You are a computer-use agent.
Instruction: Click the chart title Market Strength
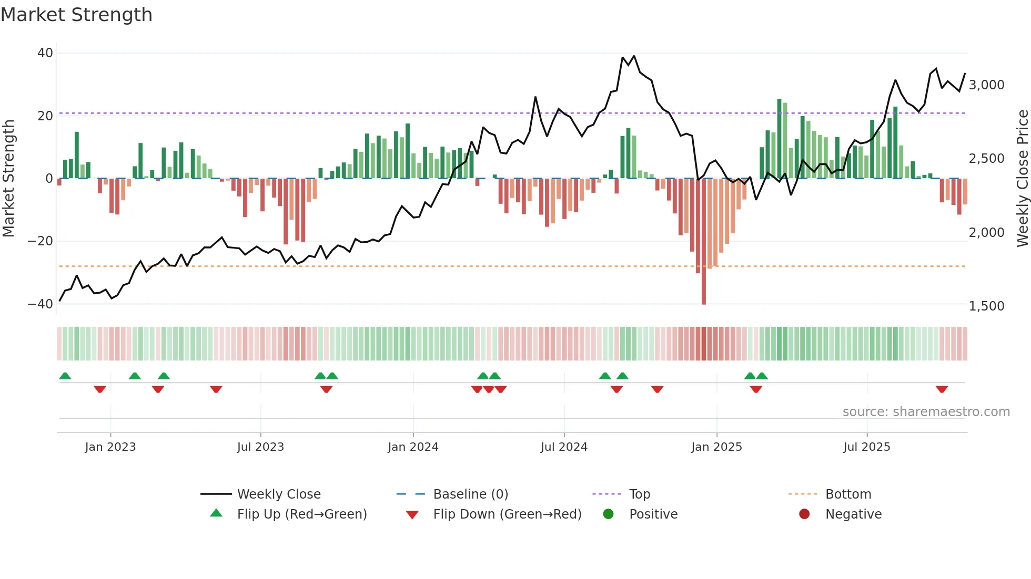tap(76, 15)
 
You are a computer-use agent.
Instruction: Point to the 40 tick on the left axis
tap(45, 53)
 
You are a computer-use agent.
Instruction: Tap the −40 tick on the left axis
tap(41, 304)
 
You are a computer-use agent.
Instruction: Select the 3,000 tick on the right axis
tap(986, 85)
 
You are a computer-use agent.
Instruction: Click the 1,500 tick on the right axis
tap(986, 306)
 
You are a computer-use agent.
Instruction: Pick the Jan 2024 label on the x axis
tap(413, 447)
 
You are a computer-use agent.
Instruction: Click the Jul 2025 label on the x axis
tap(866, 447)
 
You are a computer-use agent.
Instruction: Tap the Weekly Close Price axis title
tap(1022, 179)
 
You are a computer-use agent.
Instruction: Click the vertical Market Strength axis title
tap(9, 179)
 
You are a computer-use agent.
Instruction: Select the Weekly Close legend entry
tap(279, 494)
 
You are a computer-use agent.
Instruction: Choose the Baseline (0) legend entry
tap(470, 494)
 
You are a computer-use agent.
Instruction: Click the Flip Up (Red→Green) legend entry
tap(301, 514)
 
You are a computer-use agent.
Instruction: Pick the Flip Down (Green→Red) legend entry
tap(507, 514)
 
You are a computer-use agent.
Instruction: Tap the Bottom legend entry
tap(848, 494)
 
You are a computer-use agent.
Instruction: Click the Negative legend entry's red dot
tap(804, 514)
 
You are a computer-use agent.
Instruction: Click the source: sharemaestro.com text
tap(926, 412)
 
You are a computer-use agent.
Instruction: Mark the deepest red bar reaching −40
tap(704, 242)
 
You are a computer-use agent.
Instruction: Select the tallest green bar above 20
tap(780, 138)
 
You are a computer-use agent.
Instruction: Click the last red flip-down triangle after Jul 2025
tap(942, 389)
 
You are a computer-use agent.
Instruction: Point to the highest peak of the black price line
tap(634, 56)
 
